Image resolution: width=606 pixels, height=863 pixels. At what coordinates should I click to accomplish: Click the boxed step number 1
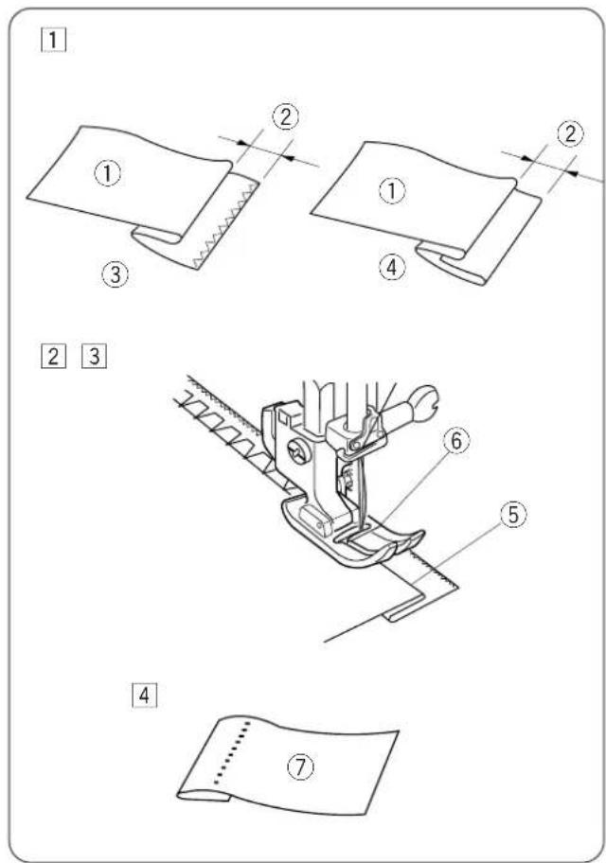pyautogui.click(x=53, y=40)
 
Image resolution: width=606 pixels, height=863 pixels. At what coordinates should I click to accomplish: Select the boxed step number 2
pyautogui.click(x=53, y=356)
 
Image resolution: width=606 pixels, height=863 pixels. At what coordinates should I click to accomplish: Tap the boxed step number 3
pyautogui.click(x=94, y=356)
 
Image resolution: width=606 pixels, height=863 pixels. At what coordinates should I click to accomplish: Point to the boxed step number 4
pyautogui.click(x=144, y=696)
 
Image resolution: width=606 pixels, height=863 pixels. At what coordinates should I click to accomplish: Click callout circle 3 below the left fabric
pyautogui.click(x=116, y=273)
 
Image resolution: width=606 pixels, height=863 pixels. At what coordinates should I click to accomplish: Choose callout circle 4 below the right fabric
pyautogui.click(x=392, y=268)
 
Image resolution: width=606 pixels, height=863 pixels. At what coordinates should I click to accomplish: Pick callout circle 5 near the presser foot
pyautogui.click(x=513, y=515)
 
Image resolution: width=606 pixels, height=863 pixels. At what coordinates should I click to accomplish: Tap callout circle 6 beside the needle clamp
pyautogui.click(x=456, y=441)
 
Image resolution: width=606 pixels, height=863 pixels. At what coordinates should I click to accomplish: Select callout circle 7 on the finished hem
pyautogui.click(x=301, y=766)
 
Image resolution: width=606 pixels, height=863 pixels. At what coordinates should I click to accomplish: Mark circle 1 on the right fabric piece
pyautogui.click(x=392, y=190)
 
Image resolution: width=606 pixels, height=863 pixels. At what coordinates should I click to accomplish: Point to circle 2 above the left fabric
pyautogui.click(x=286, y=116)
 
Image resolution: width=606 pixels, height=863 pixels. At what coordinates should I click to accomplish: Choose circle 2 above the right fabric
pyautogui.click(x=570, y=133)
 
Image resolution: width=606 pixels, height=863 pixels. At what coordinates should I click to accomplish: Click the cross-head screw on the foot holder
pyautogui.click(x=298, y=454)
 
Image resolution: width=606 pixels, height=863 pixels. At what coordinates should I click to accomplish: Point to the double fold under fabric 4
pyautogui.click(x=452, y=263)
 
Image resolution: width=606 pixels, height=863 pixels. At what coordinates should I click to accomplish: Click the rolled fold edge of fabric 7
pyautogui.click(x=203, y=797)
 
